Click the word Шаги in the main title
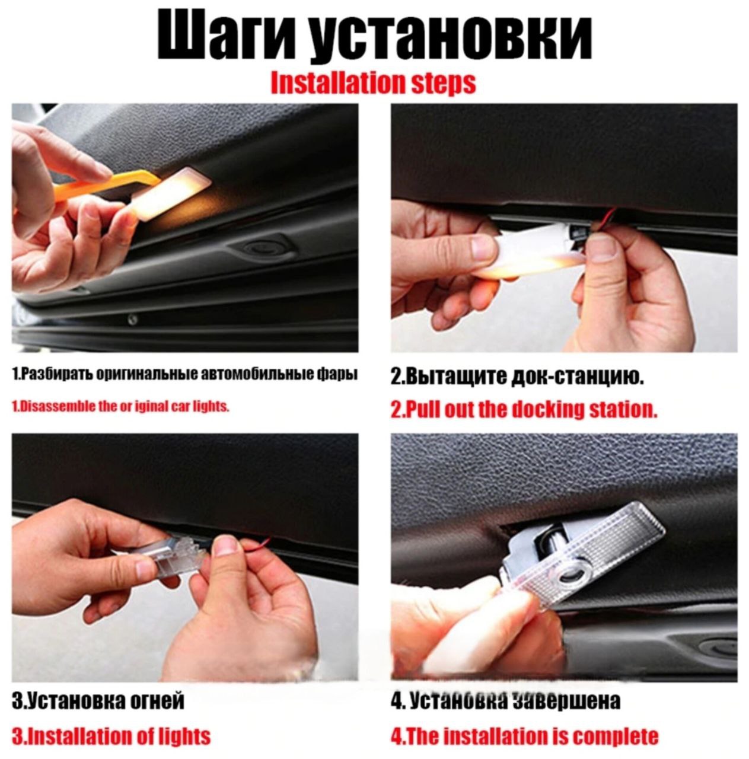[227, 37]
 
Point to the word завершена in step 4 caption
[567, 700]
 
